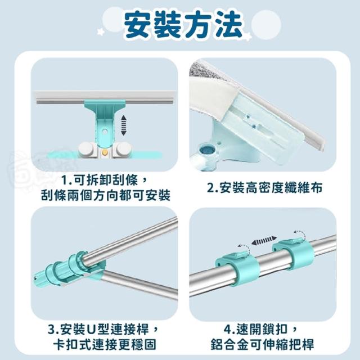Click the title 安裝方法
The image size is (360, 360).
click(183, 25)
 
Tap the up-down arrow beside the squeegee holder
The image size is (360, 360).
click(124, 125)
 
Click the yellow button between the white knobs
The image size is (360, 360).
click(105, 152)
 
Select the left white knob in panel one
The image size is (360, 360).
click(87, 149)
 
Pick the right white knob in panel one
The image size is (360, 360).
click(123, 149)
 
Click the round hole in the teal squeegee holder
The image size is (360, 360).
click(105, 132)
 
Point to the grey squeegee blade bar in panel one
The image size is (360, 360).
click(105, 97)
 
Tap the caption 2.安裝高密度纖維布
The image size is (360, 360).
click(264, 187)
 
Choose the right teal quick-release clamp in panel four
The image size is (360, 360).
click(293, 254)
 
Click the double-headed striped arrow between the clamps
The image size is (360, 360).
click(264, 240)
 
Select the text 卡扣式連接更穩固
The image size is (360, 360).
click(105, 344)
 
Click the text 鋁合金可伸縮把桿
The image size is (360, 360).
click(262, 344)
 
